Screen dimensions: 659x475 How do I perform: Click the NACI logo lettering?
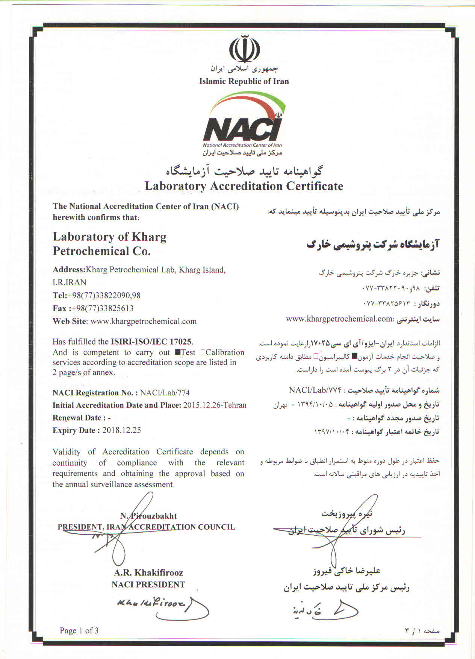click(x=242, y=129)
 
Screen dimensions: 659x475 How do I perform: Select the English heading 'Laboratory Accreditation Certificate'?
click(x=244, y=186)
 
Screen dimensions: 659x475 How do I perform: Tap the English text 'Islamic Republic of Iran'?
click(x=244, y=81)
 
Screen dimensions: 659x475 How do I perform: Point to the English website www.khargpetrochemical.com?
click(x=144, y=321)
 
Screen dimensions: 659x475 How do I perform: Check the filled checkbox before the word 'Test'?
click(x=178, y=353)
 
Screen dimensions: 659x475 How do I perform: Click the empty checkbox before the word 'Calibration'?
click(x=203, y=353)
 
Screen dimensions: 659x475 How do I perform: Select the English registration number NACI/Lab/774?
click(x=165, y=393)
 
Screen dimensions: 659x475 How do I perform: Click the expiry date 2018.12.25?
click(x=121, y=430)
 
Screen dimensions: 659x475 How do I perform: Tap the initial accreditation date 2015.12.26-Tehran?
click(x=215, y=405)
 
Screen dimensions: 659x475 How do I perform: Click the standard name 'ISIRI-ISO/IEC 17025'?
click(x=151, y=342)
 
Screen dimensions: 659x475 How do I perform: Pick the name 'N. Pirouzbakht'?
click(x=148, y=516)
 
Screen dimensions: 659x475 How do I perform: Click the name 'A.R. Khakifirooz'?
click(x=148, y=573)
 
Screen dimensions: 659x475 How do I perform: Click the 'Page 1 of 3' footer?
click(x=79, y=630)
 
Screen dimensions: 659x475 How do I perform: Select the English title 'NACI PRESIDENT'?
click(x=148, y=585)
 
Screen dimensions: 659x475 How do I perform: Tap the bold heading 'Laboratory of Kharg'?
click(x=109, y=237)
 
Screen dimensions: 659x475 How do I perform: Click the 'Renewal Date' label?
click(x=77, y=418)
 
